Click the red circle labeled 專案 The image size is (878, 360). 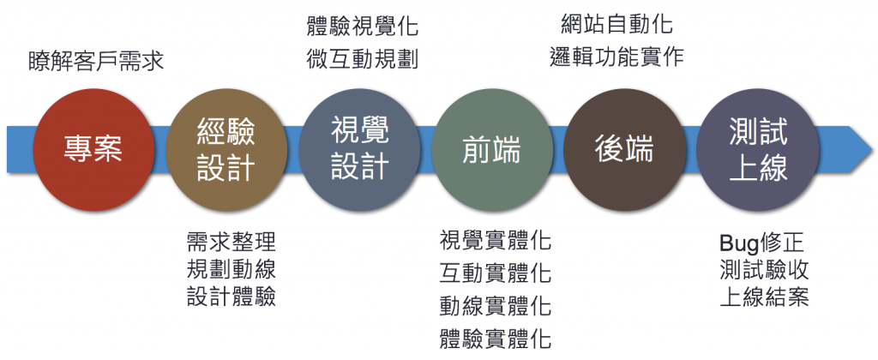(x=94, y=149)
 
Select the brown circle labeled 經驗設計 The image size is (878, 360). (x=226, y=149)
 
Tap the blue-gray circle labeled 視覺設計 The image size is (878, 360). (x=359, y=149)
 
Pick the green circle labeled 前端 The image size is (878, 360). (x=491, y=149)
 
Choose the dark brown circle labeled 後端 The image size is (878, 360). (x=623, y=149)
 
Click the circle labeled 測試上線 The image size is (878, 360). (x=756, y=149)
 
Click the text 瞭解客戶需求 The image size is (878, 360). (x=96, y=62)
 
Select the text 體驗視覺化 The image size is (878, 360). (x=362, y=27)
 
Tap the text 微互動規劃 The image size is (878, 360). (x=362, y=60)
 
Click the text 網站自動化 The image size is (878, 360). (x=616, y=23)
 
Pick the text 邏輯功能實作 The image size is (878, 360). (x=616, y=57)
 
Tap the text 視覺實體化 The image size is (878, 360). (x=495, y=240)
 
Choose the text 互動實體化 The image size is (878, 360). (x=495, y=273)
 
